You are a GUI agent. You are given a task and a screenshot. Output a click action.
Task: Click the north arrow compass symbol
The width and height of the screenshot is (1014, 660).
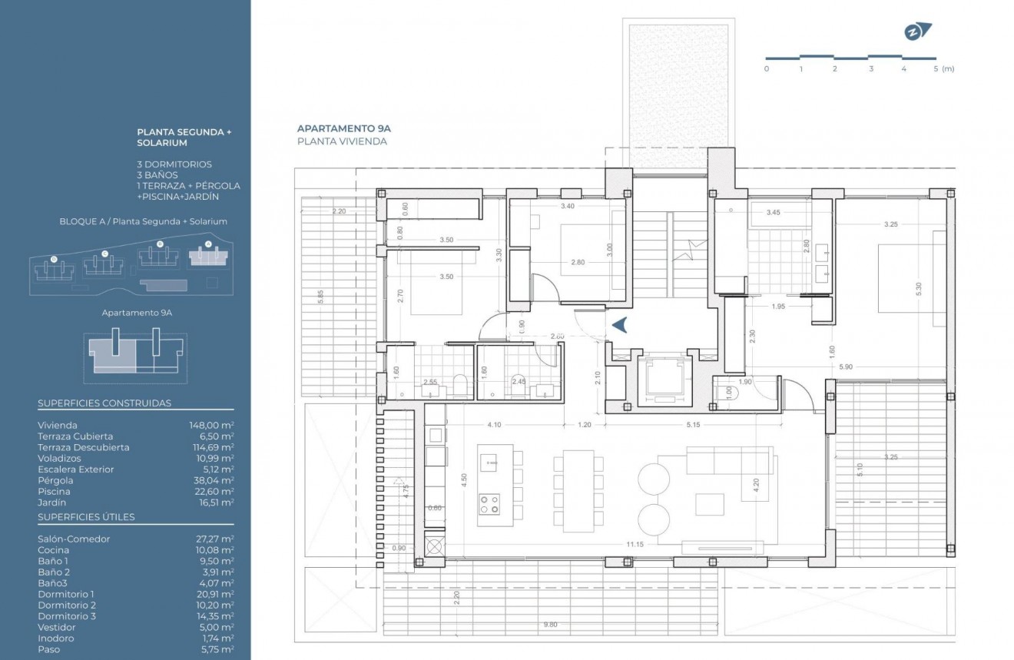coord(917,32)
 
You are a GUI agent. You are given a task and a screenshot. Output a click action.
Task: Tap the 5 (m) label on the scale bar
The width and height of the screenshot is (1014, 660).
coord(944,69)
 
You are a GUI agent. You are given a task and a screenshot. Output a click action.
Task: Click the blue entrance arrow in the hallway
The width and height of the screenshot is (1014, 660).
coord(620,324)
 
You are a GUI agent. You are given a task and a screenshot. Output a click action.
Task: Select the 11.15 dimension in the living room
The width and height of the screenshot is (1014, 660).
coord(635,544)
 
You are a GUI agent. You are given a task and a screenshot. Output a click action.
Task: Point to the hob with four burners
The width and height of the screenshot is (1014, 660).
coord(489,504)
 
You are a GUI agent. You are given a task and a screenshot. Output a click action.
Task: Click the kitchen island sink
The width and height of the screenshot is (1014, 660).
coord(489,463)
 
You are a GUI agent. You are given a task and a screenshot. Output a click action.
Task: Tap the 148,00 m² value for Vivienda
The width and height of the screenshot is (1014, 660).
coord(211,425)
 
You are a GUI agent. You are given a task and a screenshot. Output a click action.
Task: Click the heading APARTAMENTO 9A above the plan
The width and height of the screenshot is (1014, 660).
coord(343,128)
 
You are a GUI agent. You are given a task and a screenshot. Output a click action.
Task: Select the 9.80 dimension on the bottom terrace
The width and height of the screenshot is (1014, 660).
coord(550,624)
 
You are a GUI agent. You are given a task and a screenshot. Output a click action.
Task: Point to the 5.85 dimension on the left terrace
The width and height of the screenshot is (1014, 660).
coord(320,297)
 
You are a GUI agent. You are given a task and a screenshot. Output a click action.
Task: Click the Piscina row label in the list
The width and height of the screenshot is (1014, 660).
coord(54,491)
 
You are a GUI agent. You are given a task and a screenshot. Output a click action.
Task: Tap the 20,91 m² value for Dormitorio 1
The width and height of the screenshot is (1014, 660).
coord(215,594)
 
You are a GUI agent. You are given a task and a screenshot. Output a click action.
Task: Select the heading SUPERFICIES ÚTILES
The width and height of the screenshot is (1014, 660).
coord(87,517)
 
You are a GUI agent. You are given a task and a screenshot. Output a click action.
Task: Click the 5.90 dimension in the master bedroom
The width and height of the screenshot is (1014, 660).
coord(846,366)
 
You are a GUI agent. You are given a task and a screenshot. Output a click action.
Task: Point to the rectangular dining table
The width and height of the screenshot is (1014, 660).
coord(578,491)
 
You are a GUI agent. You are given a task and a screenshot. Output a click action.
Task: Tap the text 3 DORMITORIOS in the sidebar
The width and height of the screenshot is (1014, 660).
coord(174,164)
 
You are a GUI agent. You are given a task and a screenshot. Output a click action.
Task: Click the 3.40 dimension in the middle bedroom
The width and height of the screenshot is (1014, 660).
coord(568,206)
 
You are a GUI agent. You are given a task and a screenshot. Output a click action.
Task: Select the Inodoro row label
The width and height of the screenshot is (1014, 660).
coord(55,638)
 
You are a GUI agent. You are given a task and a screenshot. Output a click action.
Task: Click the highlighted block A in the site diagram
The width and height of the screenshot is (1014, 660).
coord(208,257)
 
